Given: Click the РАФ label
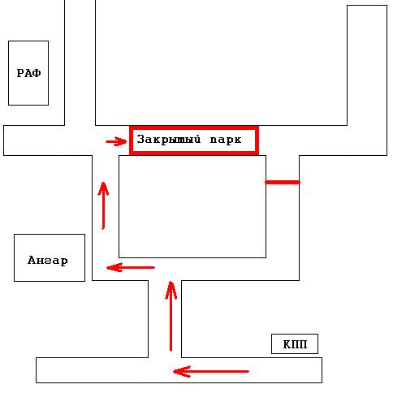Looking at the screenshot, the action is point(28,73).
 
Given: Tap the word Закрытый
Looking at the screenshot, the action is point(169,139).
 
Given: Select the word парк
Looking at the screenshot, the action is point(226,140).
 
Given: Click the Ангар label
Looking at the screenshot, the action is point(48,261).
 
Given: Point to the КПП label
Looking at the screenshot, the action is point(295,344).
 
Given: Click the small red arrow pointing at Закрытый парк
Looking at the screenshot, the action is point(116,141).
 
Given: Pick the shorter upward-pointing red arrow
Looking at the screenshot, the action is point(103,205).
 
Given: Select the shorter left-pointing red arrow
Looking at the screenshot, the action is point(131,267).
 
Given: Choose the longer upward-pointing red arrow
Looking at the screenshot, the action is point(171,316).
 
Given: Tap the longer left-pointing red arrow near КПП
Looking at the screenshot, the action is point(211,371).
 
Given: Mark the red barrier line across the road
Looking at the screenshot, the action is point(283,182).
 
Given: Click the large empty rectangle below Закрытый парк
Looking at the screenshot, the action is point(192,206).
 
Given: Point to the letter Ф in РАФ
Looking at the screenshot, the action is point(37,73).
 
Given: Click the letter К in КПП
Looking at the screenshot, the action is point(287,344).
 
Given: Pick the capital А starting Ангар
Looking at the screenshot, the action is point(32,260).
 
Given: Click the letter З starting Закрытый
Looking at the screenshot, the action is point(140,139).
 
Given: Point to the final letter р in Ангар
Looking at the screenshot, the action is point(64,261).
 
